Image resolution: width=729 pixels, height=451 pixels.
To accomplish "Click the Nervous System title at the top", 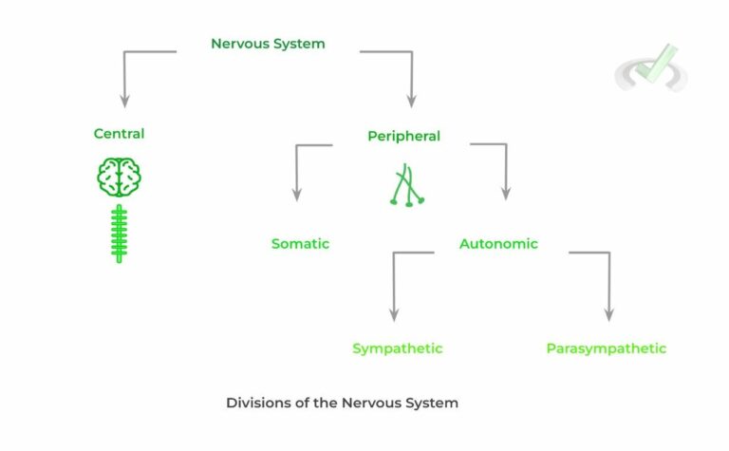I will (268, 44).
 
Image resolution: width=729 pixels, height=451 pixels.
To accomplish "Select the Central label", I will (119, 134).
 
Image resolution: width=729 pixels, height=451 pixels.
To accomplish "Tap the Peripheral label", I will (403, 136).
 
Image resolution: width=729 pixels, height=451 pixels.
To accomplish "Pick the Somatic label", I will (300, 244).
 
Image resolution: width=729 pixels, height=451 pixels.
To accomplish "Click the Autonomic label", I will (498, 244).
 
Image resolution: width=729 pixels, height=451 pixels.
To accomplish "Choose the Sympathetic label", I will (397, 348).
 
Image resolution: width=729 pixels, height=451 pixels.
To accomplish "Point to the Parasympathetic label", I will (606, 348).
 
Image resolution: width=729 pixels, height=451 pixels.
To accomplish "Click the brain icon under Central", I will (119, 177).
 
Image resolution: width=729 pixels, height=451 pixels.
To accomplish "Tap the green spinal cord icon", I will (119, 233).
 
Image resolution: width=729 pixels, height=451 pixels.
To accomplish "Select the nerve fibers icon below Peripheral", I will (405, 186).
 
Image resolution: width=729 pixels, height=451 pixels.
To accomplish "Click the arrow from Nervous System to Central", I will (124, 76).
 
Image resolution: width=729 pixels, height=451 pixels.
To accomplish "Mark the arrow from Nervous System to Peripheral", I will (412, 76).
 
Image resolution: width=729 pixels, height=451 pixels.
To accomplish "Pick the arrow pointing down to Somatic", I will (297, 171).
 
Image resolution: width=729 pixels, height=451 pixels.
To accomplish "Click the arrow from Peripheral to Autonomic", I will (504, 171).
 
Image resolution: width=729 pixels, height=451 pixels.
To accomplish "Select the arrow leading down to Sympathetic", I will (393, 285).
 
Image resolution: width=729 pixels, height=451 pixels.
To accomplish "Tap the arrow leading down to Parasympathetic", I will (608, 285).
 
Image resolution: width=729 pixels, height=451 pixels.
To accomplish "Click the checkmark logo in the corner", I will (651, 68).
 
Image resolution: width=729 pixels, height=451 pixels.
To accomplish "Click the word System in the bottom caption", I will (431, 403).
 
